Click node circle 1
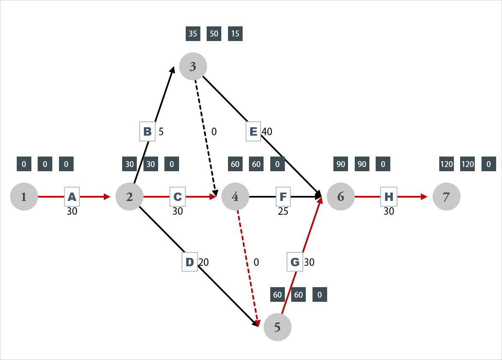24,196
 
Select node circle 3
193,66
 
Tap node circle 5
277,327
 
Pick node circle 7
446,196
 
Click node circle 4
235,196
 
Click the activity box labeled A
72,196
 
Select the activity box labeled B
147,131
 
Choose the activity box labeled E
253,131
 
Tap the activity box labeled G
295,262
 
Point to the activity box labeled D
190,262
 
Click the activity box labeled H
389,196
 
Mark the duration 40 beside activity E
267,131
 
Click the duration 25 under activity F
283,211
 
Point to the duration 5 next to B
161,131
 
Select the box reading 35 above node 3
193,34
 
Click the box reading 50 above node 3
214,34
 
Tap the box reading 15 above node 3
235,34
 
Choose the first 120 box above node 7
446,164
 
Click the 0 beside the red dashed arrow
256,262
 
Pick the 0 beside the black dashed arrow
214,132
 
